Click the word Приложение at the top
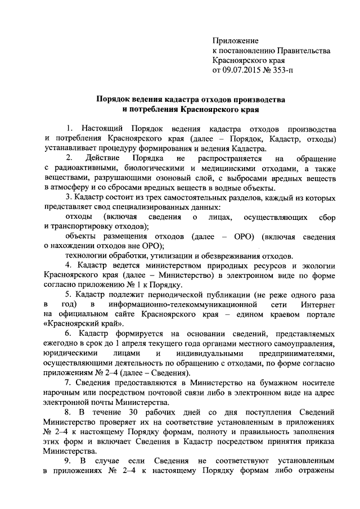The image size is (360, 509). (235, 41)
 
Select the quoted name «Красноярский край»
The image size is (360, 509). (80, 325)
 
